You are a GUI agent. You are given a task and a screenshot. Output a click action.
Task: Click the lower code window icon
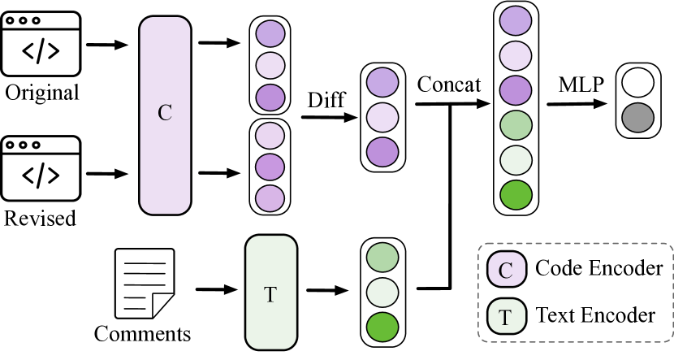pyautogui.click(x=41, y=168)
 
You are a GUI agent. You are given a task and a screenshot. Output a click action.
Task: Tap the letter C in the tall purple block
pyautogui.click(x=165, y=113)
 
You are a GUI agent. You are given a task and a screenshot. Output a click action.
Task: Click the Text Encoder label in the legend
pyautogui.click(x=595, y=314)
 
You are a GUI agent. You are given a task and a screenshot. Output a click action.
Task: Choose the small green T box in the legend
pyautogui.click(x=506, y=316)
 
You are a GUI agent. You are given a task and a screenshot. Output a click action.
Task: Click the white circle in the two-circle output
pyautogui.click(x=637, y=83)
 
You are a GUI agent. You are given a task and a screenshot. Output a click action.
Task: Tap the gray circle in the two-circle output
pyautogui.click(x=637, y=118)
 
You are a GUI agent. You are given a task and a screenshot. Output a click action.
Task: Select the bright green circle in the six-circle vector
pyautogui.click(x=516, y=196)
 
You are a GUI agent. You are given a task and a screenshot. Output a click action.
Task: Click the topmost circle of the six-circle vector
pyautogui.click(x=516, y=20)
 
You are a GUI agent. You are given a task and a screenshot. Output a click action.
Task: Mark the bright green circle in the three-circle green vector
pyautogui.click(x=382, y=327)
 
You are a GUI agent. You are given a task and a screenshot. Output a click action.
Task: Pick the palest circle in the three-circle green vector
pyautogui.click(x=382, y=292)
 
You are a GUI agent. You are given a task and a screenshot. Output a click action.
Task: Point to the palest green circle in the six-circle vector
pyautogui.click(x=516, y=160)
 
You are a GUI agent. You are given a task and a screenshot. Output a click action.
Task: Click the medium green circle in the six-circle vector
pyautogui.click(x=516, y=125)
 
